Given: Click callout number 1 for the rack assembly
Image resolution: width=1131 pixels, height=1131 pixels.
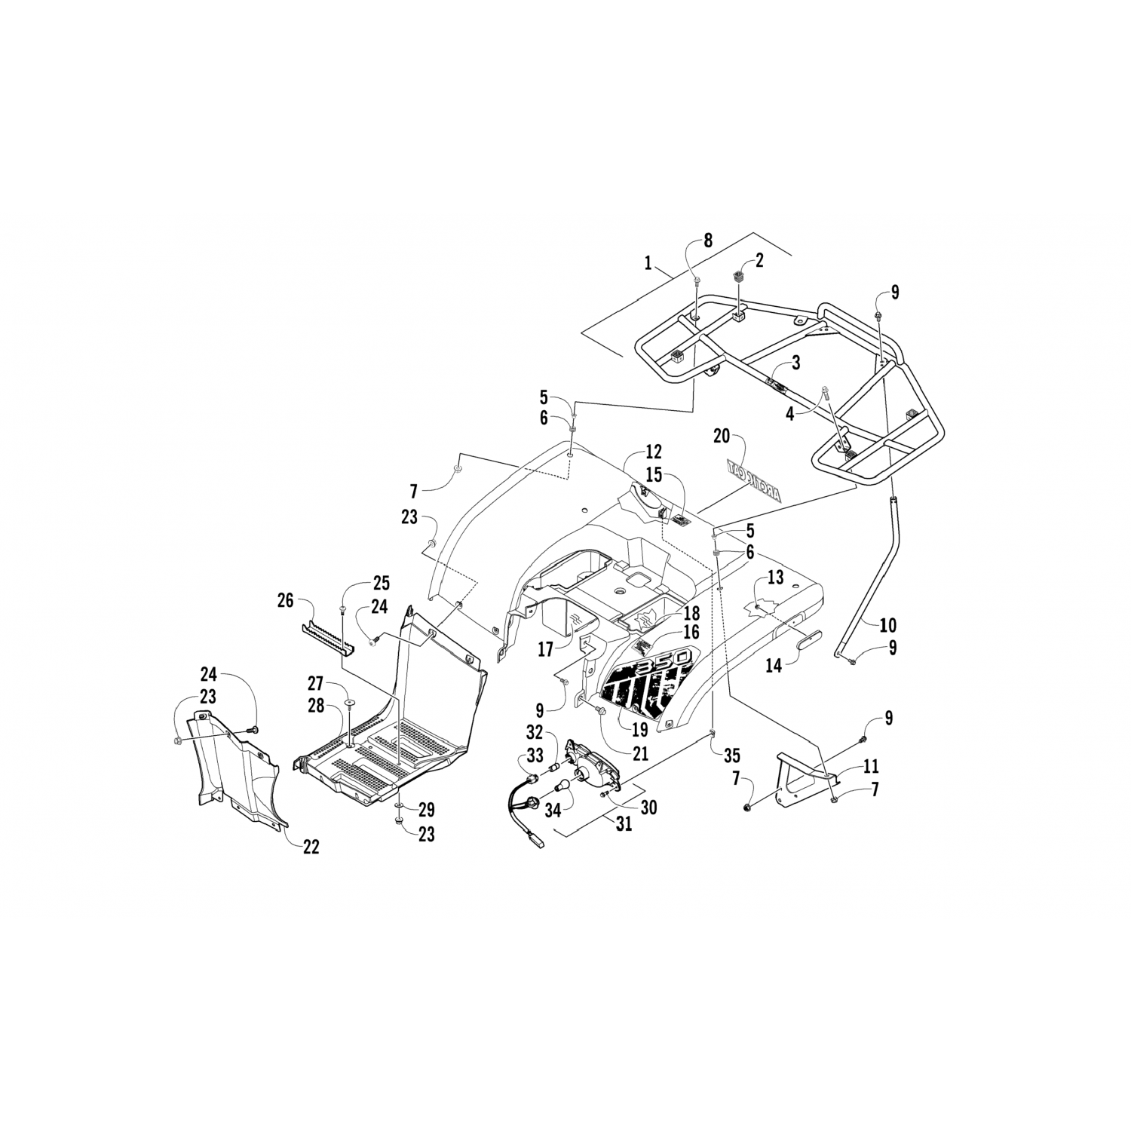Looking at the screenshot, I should (648, 264).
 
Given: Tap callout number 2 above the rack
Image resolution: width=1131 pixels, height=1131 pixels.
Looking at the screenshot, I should (759, 261).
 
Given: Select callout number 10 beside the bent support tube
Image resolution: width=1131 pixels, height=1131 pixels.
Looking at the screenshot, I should (888, 624).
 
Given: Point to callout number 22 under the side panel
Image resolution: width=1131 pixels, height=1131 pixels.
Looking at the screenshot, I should (311, 847).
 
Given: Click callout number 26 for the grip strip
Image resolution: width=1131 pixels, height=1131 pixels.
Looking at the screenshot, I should (285, 601).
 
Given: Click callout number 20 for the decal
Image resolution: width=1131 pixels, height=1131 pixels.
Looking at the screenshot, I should (722, 436).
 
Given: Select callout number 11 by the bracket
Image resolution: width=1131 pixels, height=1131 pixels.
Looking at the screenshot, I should (871, 767).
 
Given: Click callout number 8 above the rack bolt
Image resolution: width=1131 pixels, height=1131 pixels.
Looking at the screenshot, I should (707, 241).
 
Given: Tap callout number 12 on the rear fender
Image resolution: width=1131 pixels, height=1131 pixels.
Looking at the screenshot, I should (653, 452).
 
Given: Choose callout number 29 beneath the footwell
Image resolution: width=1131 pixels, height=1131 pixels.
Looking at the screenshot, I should (426, 810).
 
